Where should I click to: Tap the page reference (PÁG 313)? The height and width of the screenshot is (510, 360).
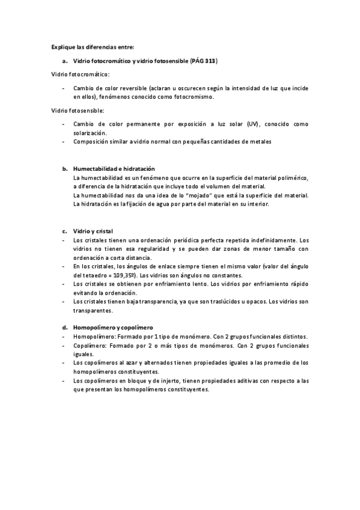click(x=203, y=61)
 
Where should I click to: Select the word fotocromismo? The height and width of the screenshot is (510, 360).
click(x=194, y=96)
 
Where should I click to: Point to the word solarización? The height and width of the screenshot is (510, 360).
click(x=90, y=132)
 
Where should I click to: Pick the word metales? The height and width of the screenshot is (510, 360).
click(x=260, y=142)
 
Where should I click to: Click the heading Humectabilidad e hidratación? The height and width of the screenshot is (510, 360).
click(x=114, y=169)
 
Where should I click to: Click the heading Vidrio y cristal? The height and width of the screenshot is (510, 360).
click(x=93, y=231)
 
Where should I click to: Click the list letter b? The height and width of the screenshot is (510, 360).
click(x=64, y=169)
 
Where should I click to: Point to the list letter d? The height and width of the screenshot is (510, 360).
click(x=64, y=327)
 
